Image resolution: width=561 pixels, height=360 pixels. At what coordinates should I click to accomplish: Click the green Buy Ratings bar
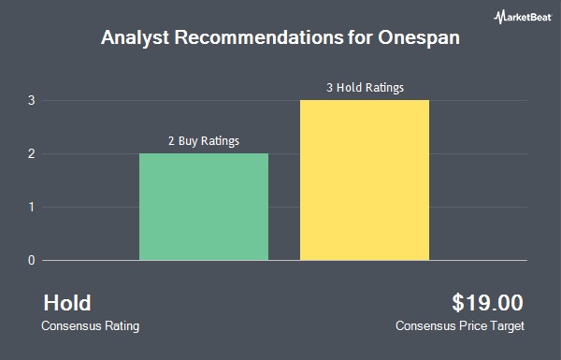tap(204, 207)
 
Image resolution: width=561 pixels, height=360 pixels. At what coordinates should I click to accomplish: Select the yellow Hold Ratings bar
tap(365, 180)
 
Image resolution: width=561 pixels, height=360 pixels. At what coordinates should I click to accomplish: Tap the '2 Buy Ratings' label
tap(204, 141)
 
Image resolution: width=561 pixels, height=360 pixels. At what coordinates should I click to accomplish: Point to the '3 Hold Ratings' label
tap(365, 88)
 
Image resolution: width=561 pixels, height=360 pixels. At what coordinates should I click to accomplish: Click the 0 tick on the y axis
tap(32, 260)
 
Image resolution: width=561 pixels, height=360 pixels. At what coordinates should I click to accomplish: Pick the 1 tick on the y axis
tap(32, 207)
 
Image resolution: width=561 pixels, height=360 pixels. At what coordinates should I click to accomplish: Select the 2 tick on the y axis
tap(32, 154)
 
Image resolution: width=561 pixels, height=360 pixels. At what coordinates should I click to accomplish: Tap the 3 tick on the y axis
tap(32, 101)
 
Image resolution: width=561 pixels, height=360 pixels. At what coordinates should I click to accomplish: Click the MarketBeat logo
tap(523, 17)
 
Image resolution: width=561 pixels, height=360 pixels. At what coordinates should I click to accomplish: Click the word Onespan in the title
tap(419, 37)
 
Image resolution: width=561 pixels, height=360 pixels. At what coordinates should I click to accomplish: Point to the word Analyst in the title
tap(136, 37)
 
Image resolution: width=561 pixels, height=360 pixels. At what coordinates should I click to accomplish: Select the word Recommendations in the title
tap(259, 37)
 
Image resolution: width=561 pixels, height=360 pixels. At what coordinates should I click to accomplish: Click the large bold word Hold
tap(67, 303)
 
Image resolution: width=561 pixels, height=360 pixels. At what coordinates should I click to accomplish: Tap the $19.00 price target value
tap(487, 303)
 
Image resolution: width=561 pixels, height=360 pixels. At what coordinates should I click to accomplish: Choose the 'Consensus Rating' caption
tap(90, 326)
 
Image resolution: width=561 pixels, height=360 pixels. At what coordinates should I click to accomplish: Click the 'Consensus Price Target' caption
tap(460, 326)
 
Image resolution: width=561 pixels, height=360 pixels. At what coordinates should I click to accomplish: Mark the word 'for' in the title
tap(361, 37)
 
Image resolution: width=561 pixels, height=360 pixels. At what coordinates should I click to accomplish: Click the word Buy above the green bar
tap(188, 141)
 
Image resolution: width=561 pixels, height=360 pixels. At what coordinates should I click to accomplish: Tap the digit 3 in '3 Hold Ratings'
tap(329, 88)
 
